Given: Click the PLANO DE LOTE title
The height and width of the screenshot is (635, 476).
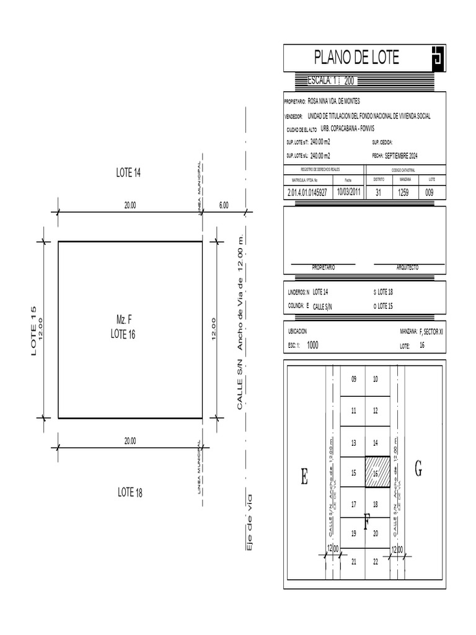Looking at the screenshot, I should (x=356, y=58).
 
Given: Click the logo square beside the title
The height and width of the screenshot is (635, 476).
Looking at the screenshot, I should (x=436, y=58).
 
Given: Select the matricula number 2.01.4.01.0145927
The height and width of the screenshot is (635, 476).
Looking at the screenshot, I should (x=307, y=193).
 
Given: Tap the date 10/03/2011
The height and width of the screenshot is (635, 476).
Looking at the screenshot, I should (x=348, y=192).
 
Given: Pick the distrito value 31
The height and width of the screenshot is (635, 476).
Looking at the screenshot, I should (x=379, y=193).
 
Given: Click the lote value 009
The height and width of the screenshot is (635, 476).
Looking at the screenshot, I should (x=430, y=193).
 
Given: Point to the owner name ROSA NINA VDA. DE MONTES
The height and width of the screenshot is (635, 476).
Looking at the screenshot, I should (x=333, y=101).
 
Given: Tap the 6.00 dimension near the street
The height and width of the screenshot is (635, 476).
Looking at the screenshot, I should (x=224, y=205).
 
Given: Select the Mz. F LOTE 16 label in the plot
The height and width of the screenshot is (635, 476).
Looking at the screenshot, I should (x=123, y=327).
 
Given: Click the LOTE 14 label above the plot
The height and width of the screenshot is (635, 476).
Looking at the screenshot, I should (x=129, y=173).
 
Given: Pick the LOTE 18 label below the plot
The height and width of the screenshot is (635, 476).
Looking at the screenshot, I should (x=130, y=492).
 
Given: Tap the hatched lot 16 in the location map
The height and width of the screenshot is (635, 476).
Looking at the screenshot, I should (x=377, y=473).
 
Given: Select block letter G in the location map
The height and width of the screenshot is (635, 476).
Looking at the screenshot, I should (x=418, y=469).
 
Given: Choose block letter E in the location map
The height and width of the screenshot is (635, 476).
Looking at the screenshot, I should (x=304, y=477).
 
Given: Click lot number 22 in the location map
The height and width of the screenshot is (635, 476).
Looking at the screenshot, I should (x=376, y=562).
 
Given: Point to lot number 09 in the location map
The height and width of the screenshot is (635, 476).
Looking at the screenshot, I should (x=354, y=379).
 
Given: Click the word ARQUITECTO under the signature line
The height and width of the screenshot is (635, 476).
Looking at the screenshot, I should (x=407, y=267).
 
